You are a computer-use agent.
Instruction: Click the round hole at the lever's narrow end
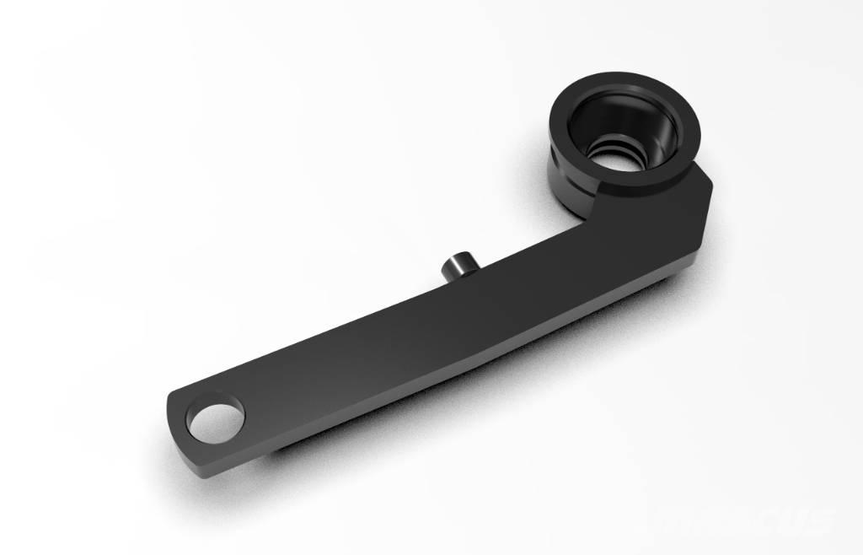(216, 419)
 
